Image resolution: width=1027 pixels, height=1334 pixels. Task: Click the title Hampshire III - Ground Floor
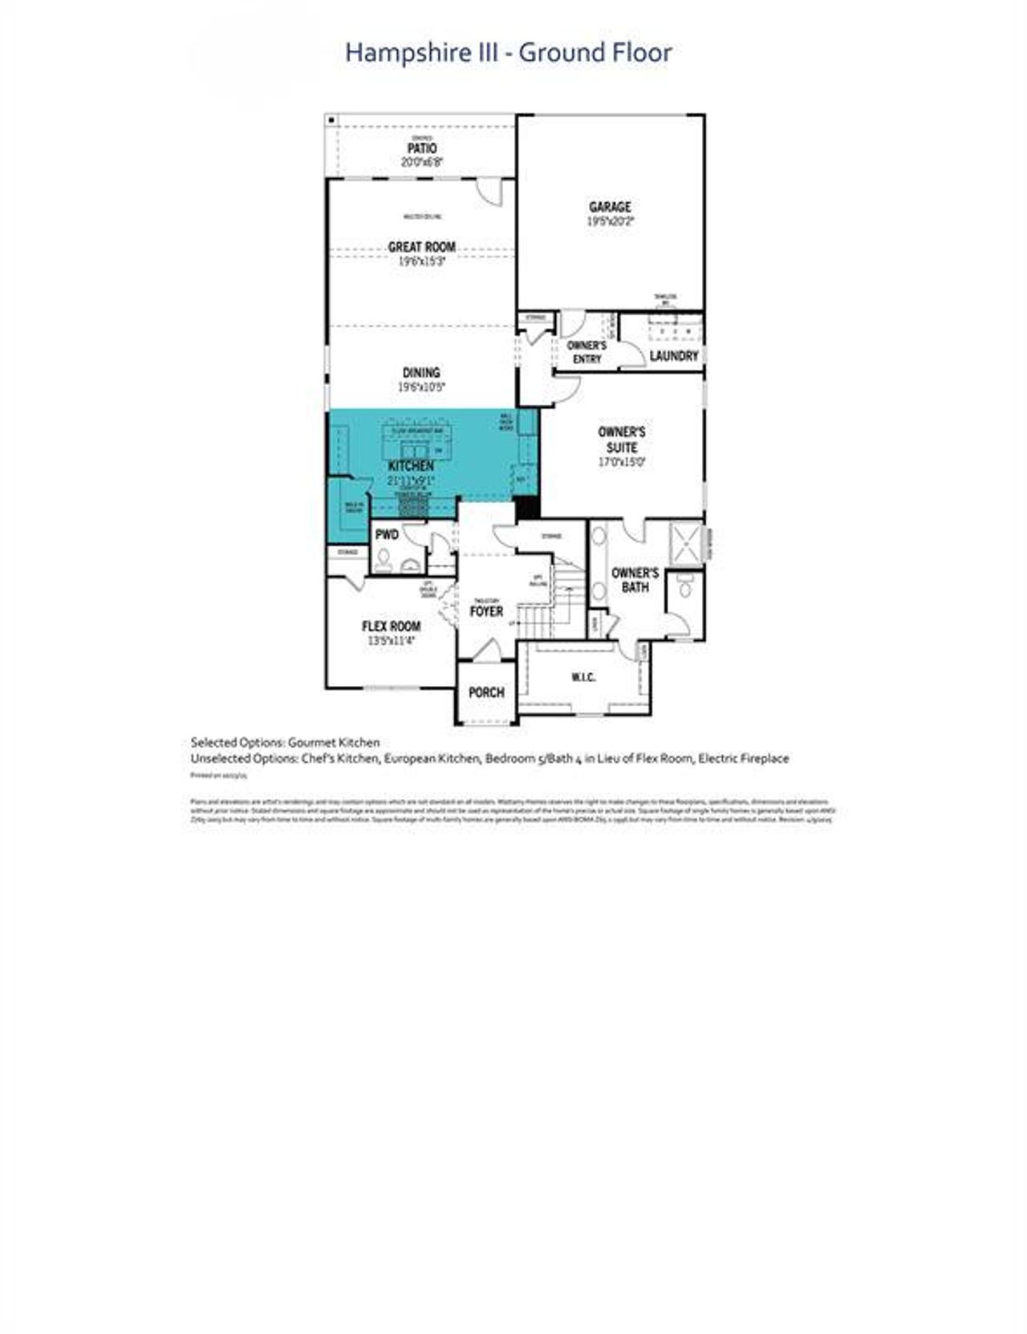click(x=508, y=53)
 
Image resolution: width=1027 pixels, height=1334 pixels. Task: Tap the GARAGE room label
click(x=610, y=207)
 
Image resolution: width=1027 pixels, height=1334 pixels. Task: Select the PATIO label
click(x=422, y=148)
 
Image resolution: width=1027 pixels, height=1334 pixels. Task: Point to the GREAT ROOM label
click(x=422, y=247)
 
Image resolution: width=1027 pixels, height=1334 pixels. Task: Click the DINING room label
click(x=421, y=372)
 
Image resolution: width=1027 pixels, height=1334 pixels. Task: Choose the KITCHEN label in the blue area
click(x=411, y=466)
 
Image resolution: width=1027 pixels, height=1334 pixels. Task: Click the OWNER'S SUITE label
click(x=622, y=440)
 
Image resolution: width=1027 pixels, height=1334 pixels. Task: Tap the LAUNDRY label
click(x=674, y=355)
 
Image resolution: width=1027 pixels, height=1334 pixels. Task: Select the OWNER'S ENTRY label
click(x=587, y=352)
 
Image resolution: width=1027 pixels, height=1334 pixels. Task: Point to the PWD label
click(x=387, y=535)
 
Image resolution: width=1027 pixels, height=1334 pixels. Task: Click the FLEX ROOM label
click(x=391, y=626)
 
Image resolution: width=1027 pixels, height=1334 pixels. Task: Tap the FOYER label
click(x=486, y=611)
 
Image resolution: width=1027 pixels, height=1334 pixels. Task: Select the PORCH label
click(x=486, y=692)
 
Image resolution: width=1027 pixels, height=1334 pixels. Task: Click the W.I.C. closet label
click(x=583, y=678)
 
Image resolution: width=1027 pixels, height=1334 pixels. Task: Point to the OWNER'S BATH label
click(x=635, y=580)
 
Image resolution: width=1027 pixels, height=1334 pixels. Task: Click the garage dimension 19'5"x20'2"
click(x=610, y=221)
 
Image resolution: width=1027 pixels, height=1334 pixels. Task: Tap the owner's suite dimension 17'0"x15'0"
click(x=622, y=462)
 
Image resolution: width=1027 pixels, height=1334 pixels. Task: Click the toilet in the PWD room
click(x=384, y=558)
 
